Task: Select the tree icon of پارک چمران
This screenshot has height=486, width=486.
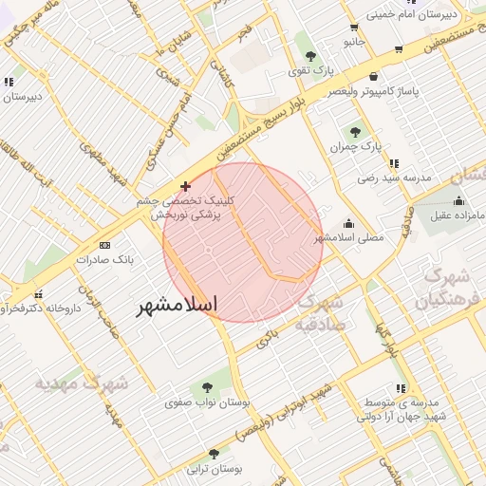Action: point(356,133)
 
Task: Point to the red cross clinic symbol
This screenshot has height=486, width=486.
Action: point(185,186)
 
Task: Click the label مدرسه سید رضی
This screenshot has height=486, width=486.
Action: point(394,178)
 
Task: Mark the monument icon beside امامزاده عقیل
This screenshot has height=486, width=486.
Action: point(460,200)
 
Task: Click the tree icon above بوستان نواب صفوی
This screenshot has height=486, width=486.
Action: point(207,387)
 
